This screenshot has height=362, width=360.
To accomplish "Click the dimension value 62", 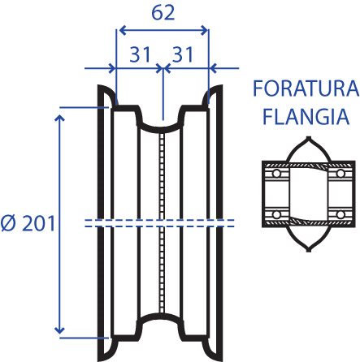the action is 163,13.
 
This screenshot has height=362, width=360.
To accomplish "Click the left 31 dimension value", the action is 140,54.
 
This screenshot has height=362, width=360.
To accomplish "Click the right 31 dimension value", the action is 183,54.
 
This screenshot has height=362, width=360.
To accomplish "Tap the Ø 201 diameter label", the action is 28,224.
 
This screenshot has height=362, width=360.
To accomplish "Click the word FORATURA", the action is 306,88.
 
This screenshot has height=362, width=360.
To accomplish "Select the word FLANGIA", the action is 306,116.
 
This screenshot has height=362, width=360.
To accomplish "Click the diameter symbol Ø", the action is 9,224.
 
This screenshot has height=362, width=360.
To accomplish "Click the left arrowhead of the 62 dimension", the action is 123,31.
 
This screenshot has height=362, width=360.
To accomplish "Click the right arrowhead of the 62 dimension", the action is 204,31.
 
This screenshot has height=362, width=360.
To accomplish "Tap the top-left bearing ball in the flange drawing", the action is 276,173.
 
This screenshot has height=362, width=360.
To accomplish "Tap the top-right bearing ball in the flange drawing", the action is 340,173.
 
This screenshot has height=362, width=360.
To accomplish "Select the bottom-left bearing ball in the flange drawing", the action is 276,215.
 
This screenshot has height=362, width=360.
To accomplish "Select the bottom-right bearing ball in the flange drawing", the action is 340,215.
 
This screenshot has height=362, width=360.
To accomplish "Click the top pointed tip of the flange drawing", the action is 309,138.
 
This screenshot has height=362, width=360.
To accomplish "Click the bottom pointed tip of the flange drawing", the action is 309,250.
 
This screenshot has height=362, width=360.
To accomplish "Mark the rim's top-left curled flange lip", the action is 107,95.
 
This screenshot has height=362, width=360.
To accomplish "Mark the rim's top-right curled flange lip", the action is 213,95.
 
